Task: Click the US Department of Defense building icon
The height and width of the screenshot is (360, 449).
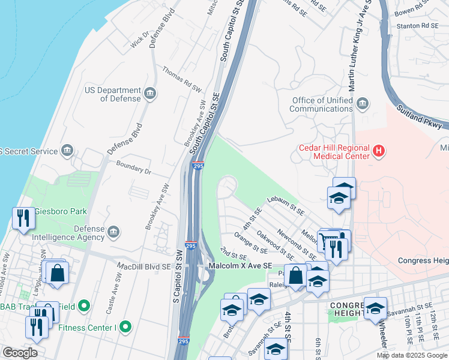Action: tap(150, 93)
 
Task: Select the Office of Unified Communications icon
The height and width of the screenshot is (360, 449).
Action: tap(362, 104)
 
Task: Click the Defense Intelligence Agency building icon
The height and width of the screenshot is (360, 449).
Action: tap(113, 232)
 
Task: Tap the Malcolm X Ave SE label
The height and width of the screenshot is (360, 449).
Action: tap(240, 265)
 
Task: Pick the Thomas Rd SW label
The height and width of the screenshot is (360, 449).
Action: tap(182, 79)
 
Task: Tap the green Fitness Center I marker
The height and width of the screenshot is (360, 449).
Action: tap(125, 327)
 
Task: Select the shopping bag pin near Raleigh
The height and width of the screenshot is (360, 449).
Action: tap(296, 275)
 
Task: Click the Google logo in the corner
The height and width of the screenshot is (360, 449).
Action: tap(20, 353)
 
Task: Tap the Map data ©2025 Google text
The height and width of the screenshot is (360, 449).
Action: tap(411, 355)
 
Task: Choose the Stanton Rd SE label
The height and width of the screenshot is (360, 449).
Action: tap(417, 26)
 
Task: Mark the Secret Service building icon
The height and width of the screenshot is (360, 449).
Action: tap(67, 151)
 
